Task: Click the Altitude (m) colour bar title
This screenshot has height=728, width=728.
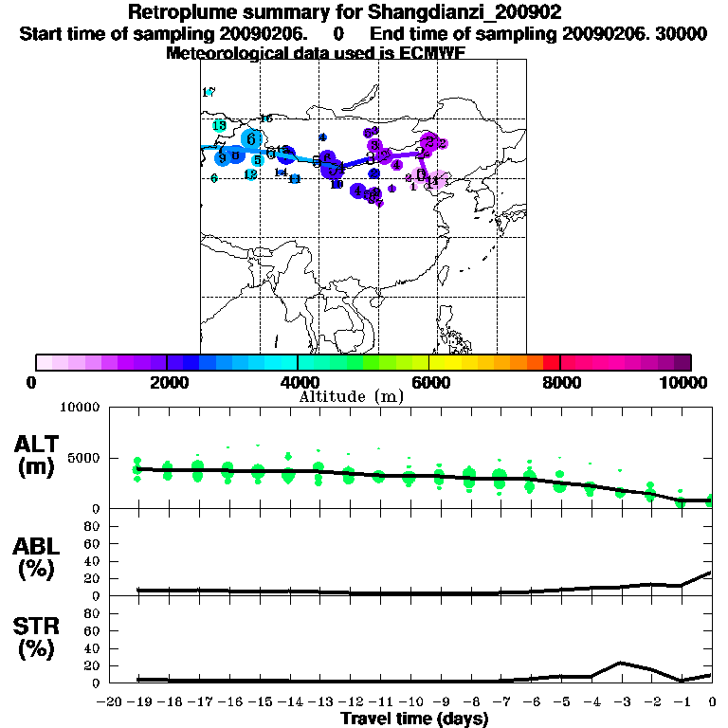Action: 351,396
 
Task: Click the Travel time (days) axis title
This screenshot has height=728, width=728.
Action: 414,719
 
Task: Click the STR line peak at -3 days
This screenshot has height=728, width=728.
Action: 620,663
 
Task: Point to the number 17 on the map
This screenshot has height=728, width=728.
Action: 209,92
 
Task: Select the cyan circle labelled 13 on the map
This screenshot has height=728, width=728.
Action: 219,126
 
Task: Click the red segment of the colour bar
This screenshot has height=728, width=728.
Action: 550,362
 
